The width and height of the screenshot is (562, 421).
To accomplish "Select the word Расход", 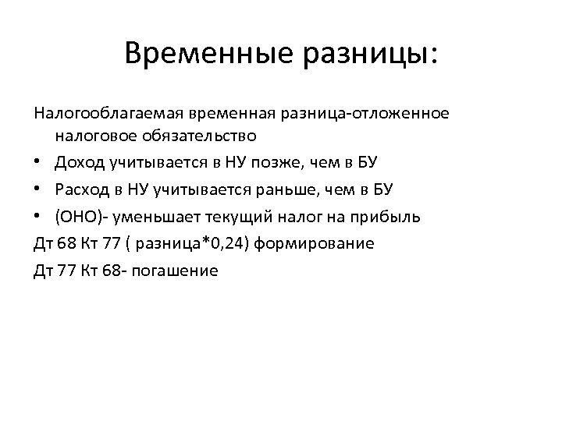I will (x=79, y=189).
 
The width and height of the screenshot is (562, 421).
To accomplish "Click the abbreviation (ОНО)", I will (x=75, y=217).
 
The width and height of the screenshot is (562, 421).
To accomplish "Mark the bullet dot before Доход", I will (x=38, y=163).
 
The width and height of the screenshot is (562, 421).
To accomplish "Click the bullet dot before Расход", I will (x=38, y=190).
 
